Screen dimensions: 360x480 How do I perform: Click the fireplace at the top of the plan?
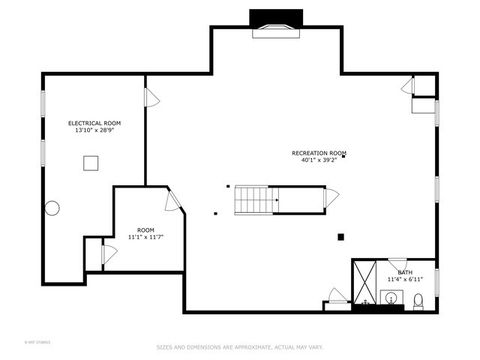[x=276, y=22]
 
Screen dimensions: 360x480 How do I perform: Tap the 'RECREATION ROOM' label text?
[x=318, y=153]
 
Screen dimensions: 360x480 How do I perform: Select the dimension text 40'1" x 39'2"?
[x=318, y=160]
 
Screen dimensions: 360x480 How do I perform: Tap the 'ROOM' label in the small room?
[x=146, y=230]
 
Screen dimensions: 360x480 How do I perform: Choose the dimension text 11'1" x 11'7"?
[x=146, y=237]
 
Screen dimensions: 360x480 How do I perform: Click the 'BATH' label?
[x=404, y=272]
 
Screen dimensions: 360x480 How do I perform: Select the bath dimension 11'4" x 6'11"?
[x=404, y=279]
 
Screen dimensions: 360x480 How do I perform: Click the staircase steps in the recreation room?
[x=255, y=200]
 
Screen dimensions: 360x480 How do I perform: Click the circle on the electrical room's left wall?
[x=52, y=208]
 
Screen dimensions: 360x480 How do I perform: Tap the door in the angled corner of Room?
[x=172, y=200]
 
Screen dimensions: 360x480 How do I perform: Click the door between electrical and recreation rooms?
[x=152, y=98]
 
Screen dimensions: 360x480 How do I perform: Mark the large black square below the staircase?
[x=341, y=237]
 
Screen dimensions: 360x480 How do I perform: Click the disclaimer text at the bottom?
[x=240, y=347]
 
